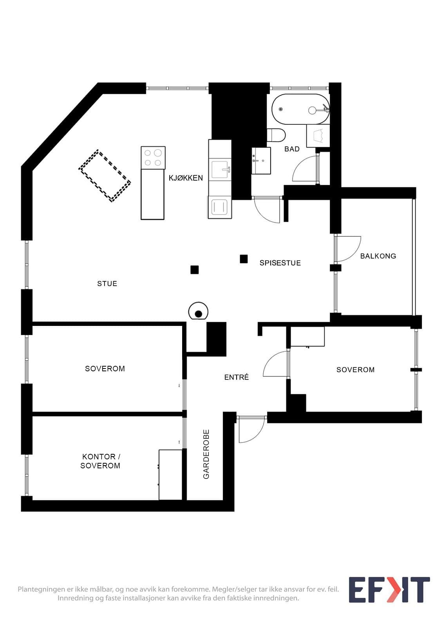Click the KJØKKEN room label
click(x=186, y=178)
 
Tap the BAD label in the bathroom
click(x=292, y=149)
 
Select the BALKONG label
click(x=378, y=256)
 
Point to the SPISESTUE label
click(x=280, y=263)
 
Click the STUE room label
click(x=107, y=284)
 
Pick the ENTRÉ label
click(x=237, y=377)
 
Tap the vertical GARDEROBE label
click(x=206, y=454)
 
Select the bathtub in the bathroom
click(x=300, y=109)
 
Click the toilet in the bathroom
click(x=276, y=135)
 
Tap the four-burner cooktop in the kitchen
click(x=153, y=158)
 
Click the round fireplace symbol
click(x=198, y=311)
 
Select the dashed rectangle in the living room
click(x=104, y=176)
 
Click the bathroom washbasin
click(x=261, y=161)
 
